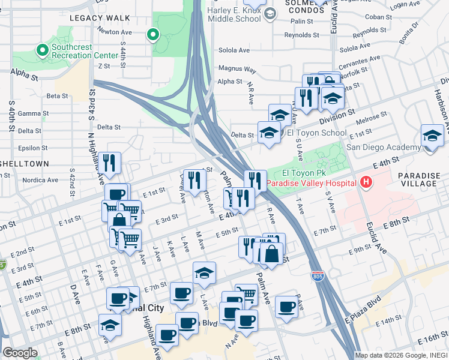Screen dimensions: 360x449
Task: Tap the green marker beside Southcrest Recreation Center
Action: tap(42, 49)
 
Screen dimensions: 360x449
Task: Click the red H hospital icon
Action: tap(366, 182)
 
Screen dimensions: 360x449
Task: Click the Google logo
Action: tap(19, 353)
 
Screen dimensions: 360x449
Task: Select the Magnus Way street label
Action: tap(237, 69)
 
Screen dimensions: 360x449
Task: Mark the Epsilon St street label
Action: tap(28, 147)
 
